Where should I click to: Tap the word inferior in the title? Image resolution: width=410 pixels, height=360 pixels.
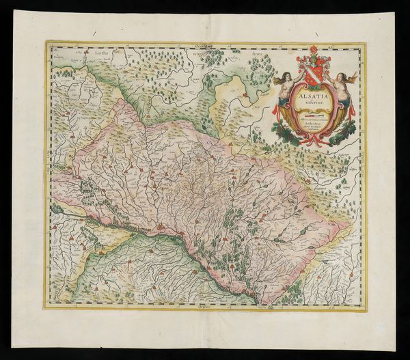pyautogui.click(x=313, y=102)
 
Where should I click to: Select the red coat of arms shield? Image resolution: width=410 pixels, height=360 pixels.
pyautogui.click(x=313, y=75)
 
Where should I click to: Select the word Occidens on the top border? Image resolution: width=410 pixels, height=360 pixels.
pyautogui.click(x=205, y=44)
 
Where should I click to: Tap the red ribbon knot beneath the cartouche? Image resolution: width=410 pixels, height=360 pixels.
pyautogui.click(x=314, y=139)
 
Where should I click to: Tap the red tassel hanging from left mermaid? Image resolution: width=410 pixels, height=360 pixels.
pyautogui.click(x=275, y=109)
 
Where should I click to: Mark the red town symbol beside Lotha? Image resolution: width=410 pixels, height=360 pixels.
pyautogui.click(x=87, y=52)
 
